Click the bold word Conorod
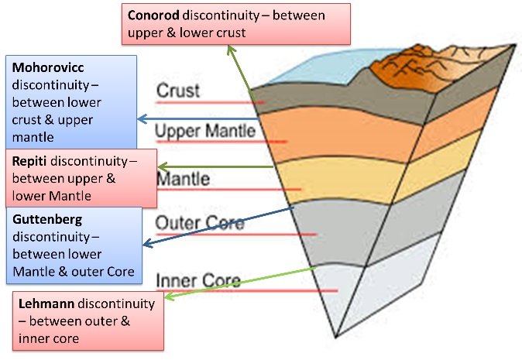click(x=153, y=15)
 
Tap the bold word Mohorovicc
click(x=48, y=67)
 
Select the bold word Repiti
click(x=29, y=161)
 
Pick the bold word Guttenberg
click(x=47, y=220)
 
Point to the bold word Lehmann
click(x=46, y=303)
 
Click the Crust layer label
click(x=178, y=91)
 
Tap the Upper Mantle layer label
click(x=205, y=131)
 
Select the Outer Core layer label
click(x=200, y=223)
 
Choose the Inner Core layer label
click(x=198, y=280)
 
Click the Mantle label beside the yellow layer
click(x=183, y=179)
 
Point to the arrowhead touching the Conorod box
click(x=231, y=50)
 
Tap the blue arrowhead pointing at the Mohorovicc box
click(x=143, y=118)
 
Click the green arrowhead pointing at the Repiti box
click(x=163, y=166)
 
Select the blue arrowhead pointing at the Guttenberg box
click(x=148, y=244)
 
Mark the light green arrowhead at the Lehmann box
click(x=170, y=295)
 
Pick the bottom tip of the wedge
click(x=336, y=338)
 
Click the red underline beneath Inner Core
click(x=247, y=291)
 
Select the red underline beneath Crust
click(x=211, y=102)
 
